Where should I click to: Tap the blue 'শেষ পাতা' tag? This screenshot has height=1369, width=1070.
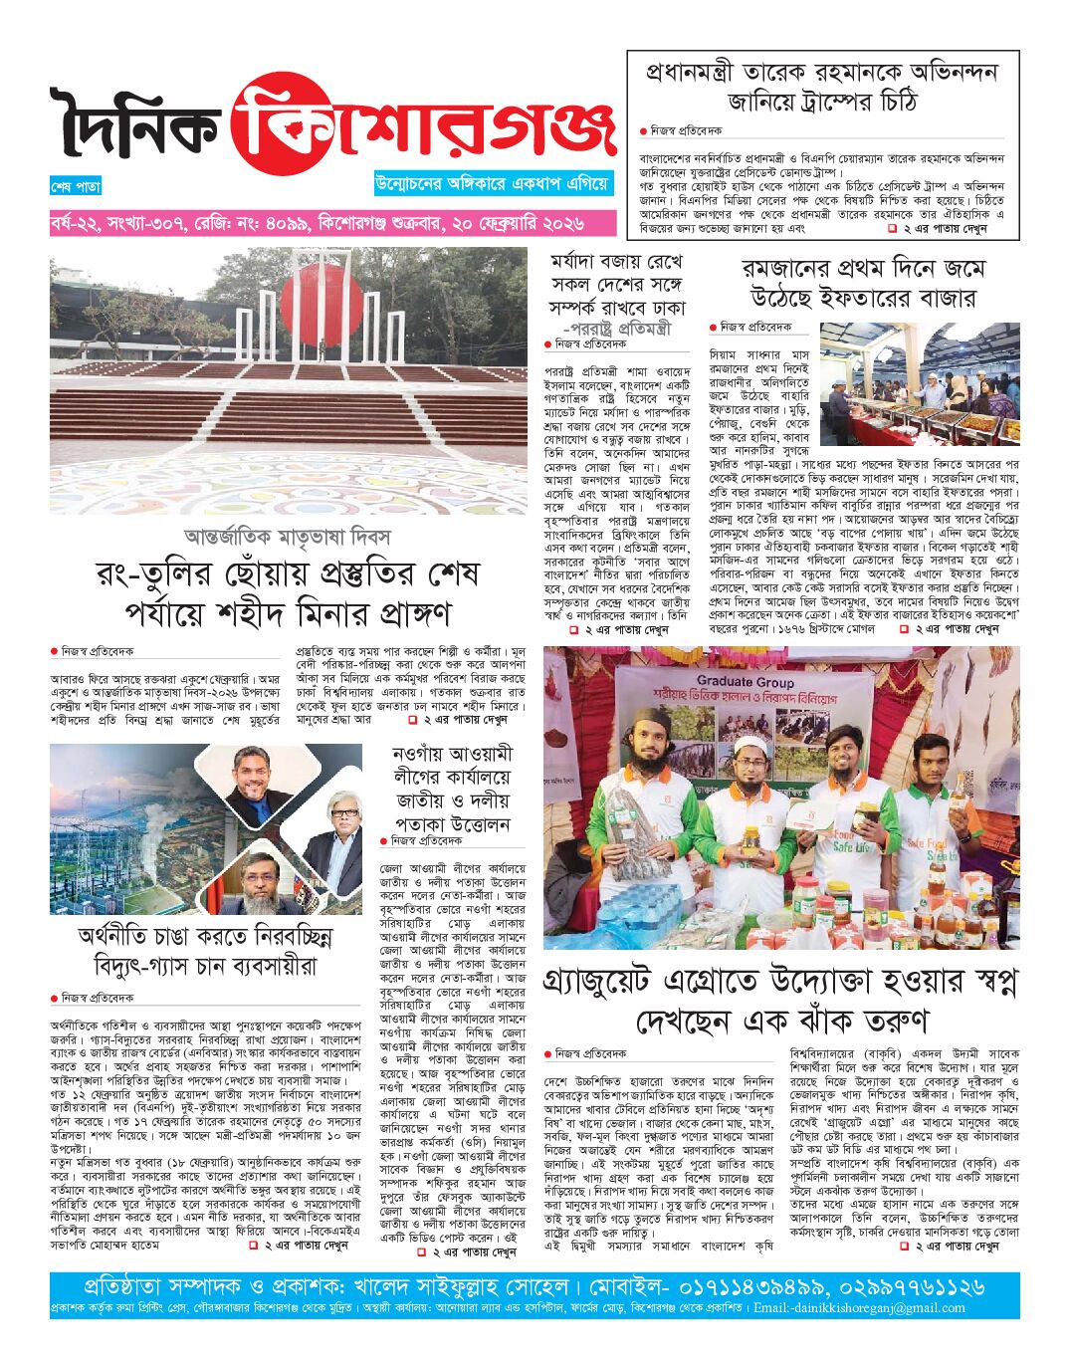click(76, 186)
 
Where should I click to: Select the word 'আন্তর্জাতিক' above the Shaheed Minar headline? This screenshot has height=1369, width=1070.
click(233, 538)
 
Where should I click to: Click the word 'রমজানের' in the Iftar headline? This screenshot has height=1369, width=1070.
click(787, 270)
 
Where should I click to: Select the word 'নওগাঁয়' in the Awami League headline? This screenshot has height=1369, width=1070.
click(417, 754)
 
